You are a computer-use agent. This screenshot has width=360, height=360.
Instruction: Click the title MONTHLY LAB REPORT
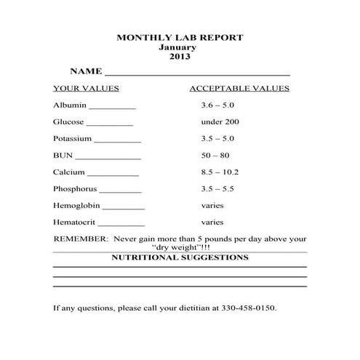(x=180, y=37)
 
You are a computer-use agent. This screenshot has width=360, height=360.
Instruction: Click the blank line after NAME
(x=197, y=74)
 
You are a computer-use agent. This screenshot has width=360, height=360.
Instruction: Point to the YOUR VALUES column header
(x=86, y=89)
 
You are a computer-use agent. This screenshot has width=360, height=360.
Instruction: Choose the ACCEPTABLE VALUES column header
(x=239, y=89)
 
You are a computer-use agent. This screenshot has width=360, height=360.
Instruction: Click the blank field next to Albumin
(x=113, y=108)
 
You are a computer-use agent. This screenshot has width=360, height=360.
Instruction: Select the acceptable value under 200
(x=220, y=122)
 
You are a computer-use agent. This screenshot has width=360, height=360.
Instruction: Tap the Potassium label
(x=72, y=138)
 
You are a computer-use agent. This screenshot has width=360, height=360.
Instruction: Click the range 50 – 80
(x=215, y=155)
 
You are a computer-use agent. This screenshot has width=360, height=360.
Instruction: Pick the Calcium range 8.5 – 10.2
(x=220, y=172)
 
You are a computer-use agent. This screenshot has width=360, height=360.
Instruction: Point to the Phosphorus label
(x=76, y=189)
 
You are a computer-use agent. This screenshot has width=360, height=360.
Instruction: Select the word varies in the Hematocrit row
(x=212, y=223)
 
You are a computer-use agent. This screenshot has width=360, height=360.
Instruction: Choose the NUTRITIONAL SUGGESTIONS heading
(x=180, y=257)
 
